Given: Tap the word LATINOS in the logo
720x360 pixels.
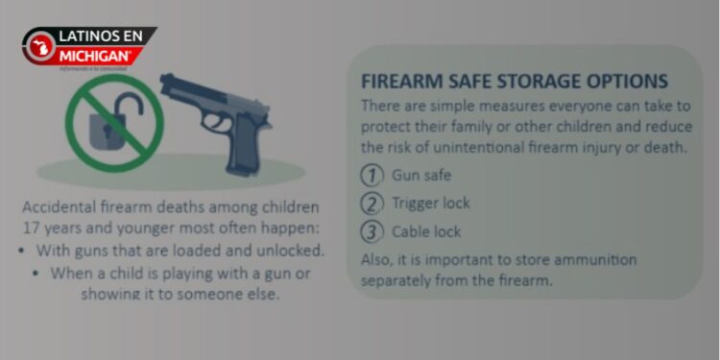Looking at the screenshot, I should pos(85,36).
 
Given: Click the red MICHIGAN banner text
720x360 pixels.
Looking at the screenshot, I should pos(95,54).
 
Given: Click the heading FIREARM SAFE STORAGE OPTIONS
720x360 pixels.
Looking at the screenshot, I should pos(514,82).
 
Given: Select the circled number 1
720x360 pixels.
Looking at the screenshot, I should pos(372,176).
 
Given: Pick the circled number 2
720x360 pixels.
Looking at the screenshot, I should pos(372,204).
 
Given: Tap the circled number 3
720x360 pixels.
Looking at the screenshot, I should pos(372,231).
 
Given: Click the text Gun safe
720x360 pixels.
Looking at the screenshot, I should pos(420,176).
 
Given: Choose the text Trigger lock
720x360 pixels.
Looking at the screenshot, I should pos(431,204).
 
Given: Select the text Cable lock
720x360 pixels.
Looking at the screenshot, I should pos(426,231).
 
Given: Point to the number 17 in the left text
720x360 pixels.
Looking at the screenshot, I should pos(32,228).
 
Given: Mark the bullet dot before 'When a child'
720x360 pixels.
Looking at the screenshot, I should pos(36,273).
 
